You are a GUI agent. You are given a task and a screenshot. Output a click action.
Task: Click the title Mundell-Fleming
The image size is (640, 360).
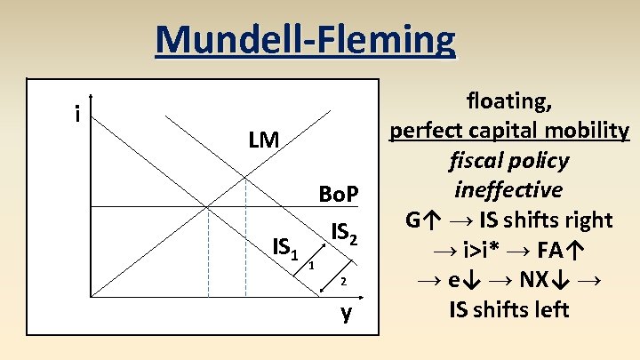click(x=305, y=40)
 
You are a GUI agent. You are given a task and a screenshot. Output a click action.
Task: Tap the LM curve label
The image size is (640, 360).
click(x=264, y=140)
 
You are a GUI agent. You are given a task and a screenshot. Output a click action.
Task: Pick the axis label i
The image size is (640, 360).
click(x=79, y=114)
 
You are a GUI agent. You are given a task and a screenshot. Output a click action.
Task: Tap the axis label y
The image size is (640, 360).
click(x=346, y=312)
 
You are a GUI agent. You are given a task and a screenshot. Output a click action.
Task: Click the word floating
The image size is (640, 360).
click(x=508, y=100)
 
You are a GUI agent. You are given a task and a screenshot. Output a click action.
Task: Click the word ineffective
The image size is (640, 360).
click(x=508, y=190)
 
